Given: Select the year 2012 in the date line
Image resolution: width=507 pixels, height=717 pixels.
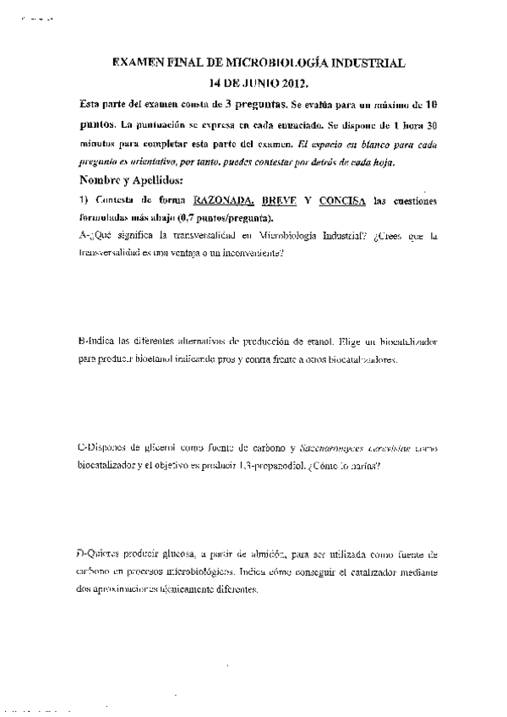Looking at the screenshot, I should click(292, 84).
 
